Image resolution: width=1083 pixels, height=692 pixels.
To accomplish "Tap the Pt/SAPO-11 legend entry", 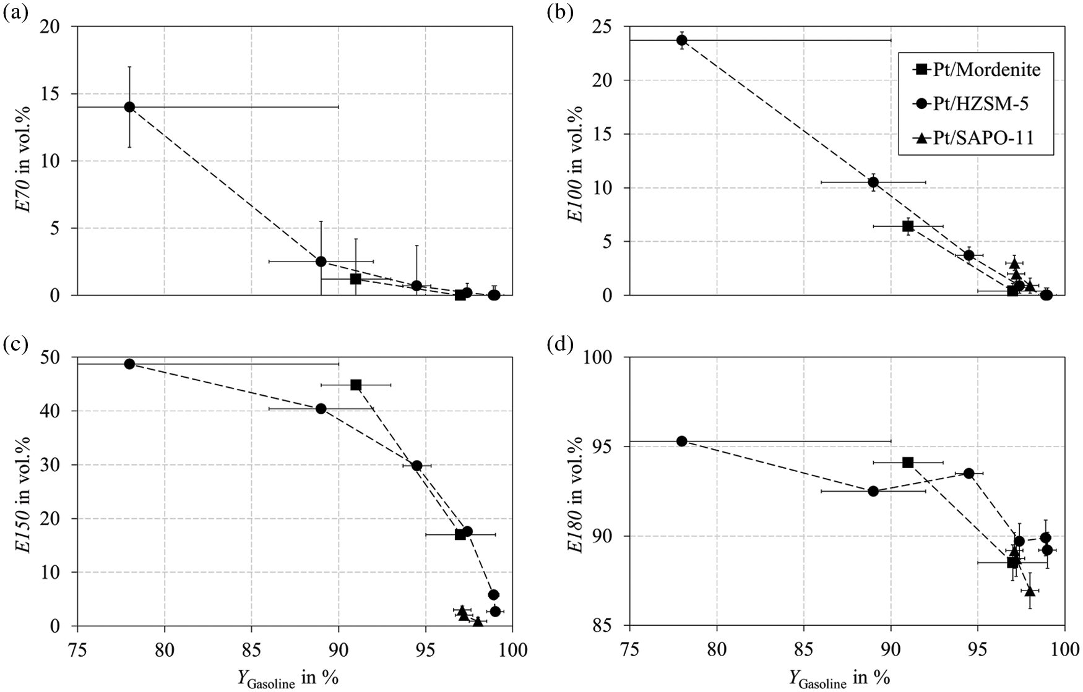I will (976, 138).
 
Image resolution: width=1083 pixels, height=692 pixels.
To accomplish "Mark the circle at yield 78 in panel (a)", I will (129, 106).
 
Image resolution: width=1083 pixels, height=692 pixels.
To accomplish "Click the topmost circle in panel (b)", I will (682, 40).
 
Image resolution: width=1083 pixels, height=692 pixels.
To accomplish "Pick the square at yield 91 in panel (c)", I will (356, 385).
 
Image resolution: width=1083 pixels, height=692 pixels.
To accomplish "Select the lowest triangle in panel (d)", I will (1030, 591).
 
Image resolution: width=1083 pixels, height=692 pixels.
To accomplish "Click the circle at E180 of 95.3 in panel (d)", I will (682, 441).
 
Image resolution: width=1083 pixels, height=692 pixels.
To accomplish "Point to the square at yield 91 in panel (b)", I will (908, 226).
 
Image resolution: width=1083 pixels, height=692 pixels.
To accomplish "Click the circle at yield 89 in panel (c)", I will (321, 408).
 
